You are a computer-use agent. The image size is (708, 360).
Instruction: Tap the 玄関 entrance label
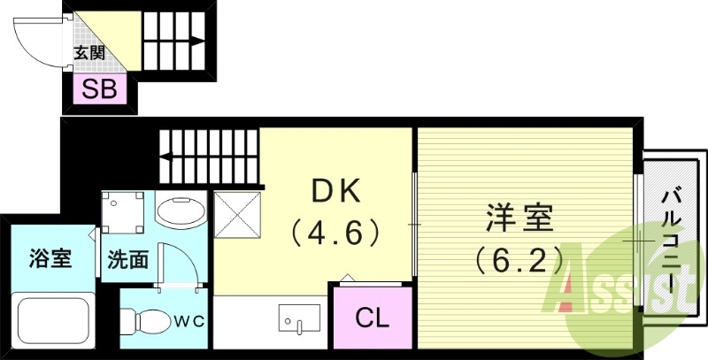tap(88, 53)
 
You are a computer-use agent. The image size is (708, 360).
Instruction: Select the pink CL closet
tap(373, 317)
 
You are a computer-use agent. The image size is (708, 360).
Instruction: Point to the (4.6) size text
tap(336, 233)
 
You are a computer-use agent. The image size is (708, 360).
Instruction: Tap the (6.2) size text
tap(519, 259)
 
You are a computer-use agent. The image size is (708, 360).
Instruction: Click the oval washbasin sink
tap(181, 213)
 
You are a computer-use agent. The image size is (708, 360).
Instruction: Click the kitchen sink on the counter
tap(298, 317)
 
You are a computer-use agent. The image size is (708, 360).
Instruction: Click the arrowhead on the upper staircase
tap(199, 40)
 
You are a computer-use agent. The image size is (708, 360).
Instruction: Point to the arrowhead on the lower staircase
tap(165, 156)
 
